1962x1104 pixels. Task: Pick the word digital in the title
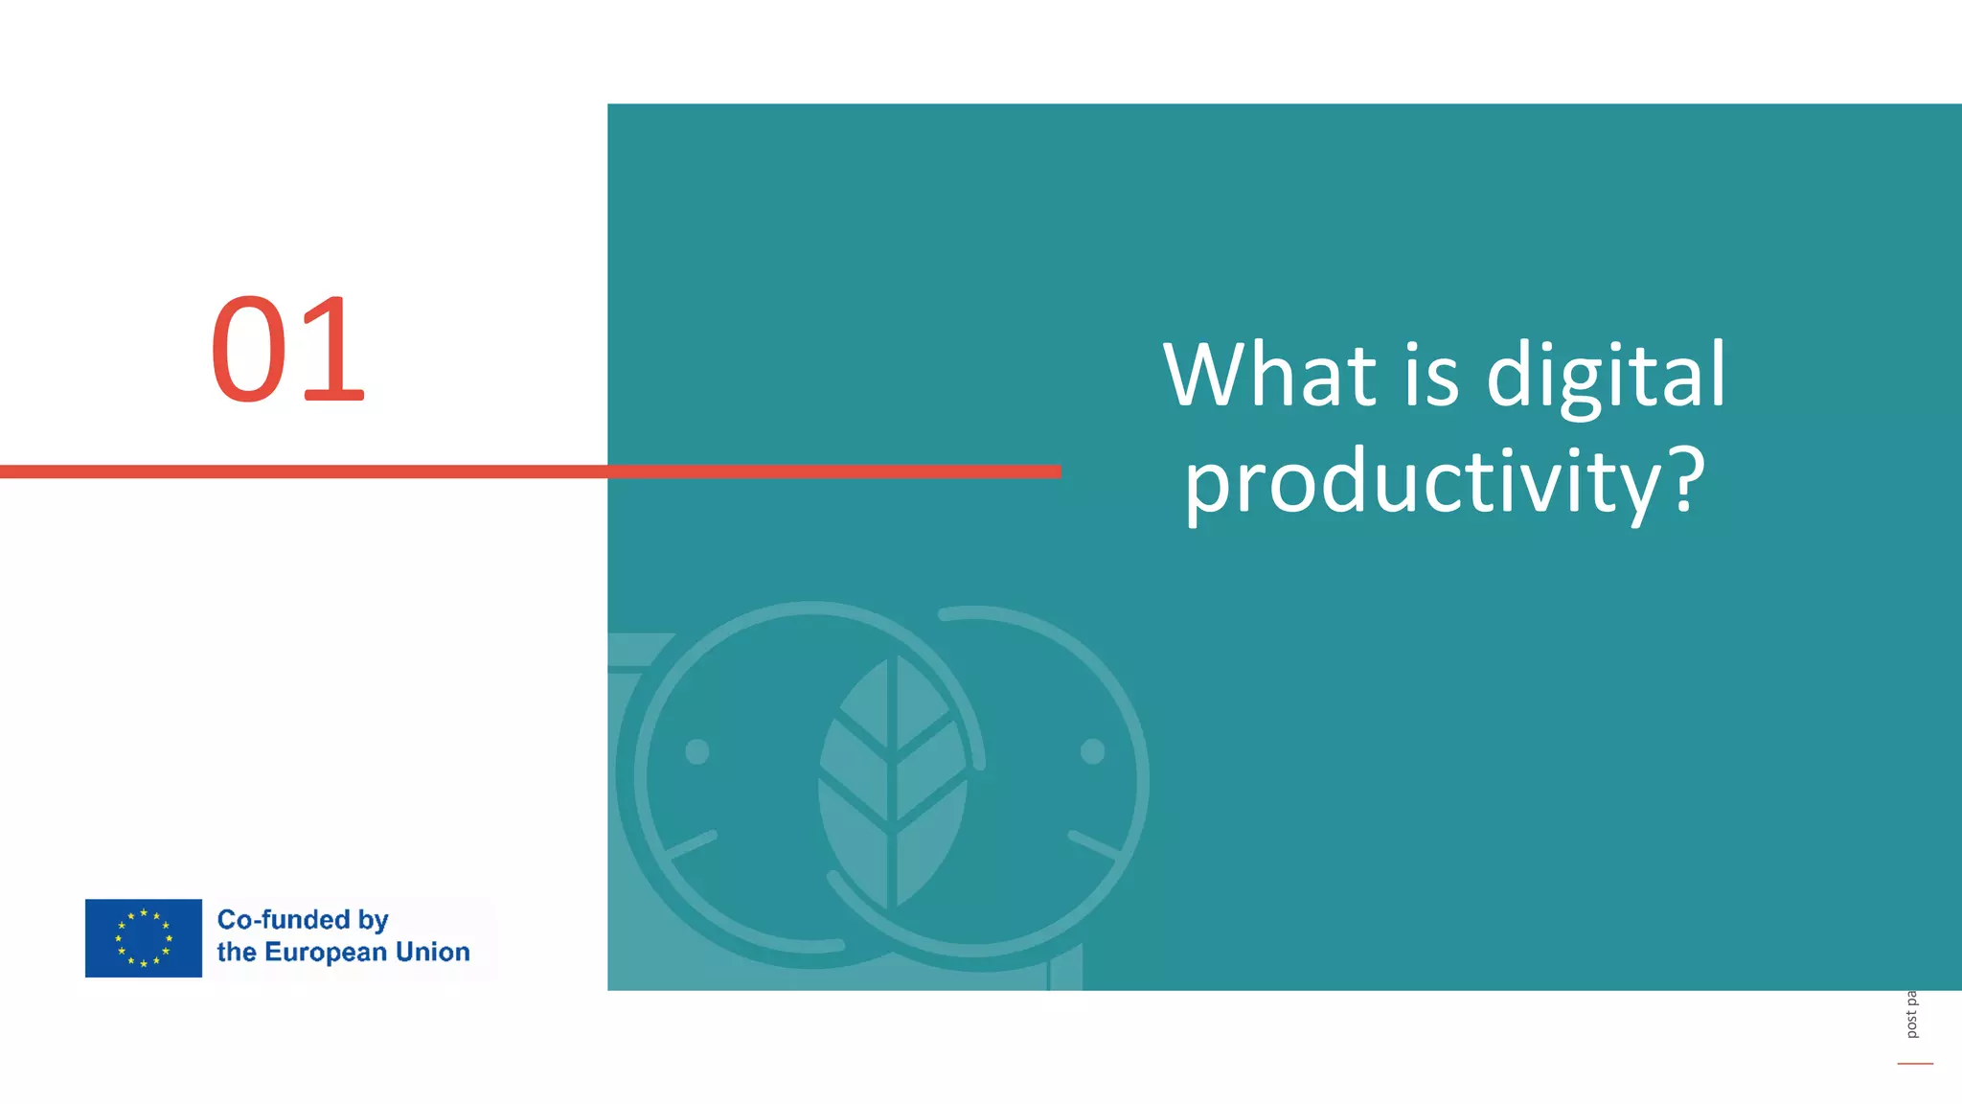(1606, 376)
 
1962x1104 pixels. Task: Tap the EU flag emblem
(144, 938)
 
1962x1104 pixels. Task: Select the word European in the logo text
(326, 952)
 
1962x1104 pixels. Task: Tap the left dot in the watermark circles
(697, 752)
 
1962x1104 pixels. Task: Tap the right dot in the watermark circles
(1092, 752)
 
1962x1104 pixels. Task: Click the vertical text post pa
(1911, 1015)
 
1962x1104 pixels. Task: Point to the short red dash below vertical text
(1915, 1064)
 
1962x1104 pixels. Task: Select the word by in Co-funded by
(373, 921)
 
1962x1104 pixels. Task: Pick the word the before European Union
(236, 952)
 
